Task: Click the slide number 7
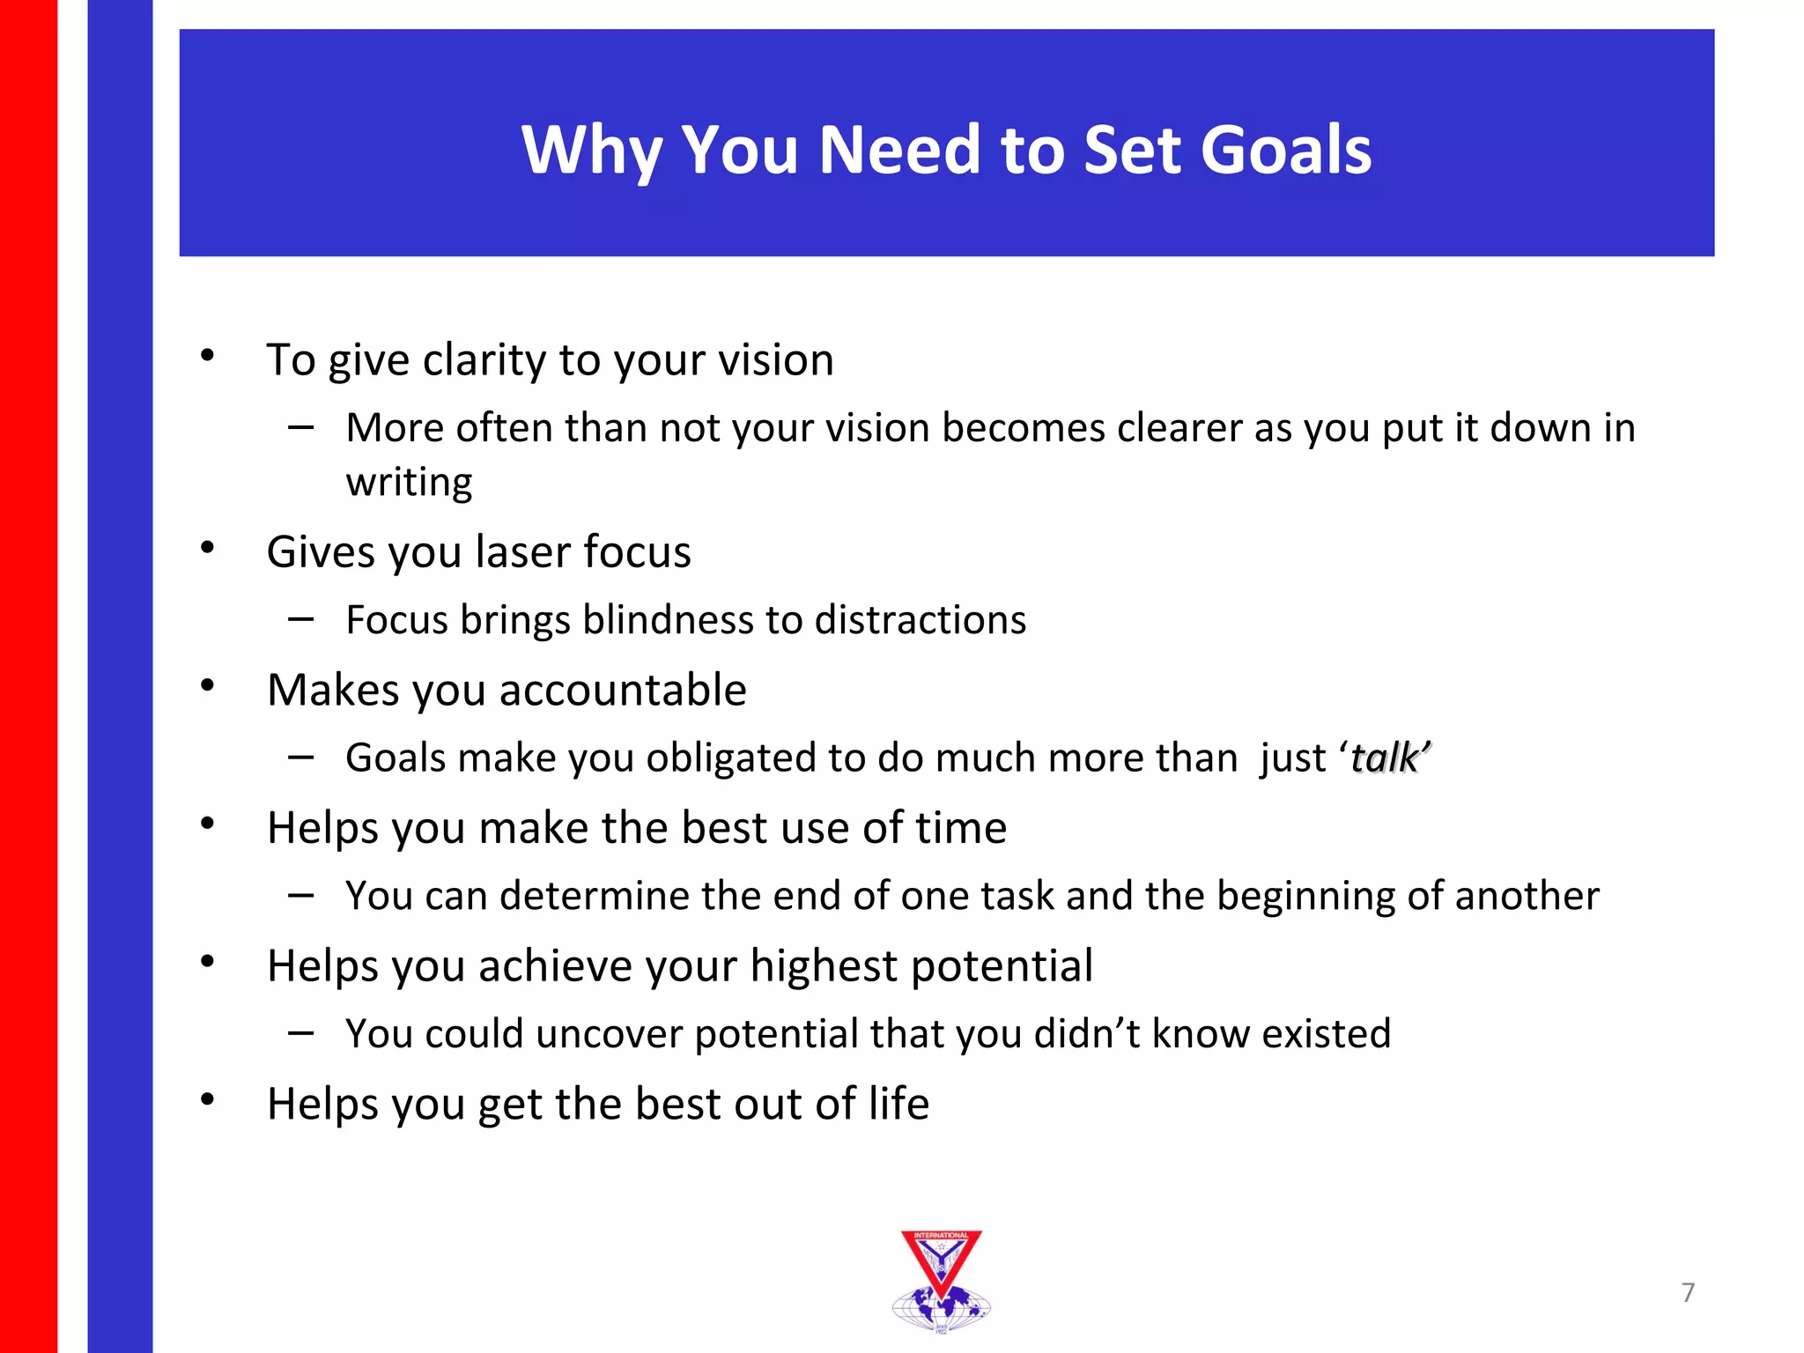pos(1688,1292)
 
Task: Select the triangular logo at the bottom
pos(941,1279)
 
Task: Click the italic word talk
pos(1384,758)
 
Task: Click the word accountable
pos(623,690)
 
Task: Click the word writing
pos(409,483)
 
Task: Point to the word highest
pos(823,966)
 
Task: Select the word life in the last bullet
pos(898,1104)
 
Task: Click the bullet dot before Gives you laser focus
pos(208,548)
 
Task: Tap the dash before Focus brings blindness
pos(300,620)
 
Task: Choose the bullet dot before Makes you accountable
pos(208,686)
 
